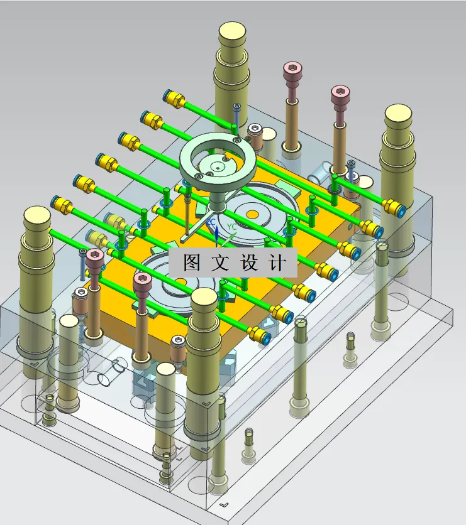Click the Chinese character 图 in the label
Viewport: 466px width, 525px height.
[192, 262]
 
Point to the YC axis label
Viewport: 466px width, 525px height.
[231, 227]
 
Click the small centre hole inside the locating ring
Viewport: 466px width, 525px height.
[218, 168]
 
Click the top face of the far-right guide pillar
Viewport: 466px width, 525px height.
[398, 114]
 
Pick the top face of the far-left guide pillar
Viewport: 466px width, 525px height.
[37, 216]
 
